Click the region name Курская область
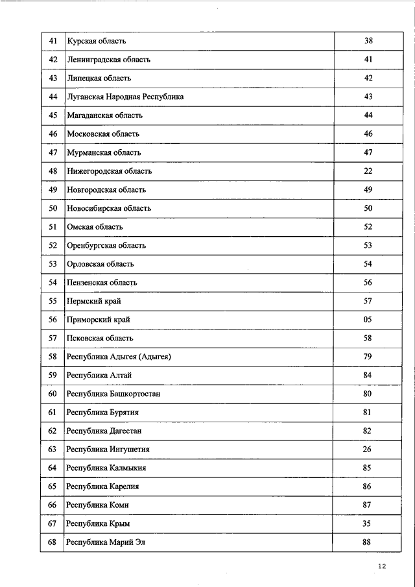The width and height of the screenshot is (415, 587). pos(96,42)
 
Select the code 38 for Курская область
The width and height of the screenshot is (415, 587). pos(368,42)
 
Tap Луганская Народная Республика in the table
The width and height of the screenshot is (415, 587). pos(125,97)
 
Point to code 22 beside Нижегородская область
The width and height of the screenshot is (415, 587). pos(368,171)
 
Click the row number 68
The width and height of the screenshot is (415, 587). pos(53,542)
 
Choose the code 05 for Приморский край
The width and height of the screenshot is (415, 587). pos(368,320)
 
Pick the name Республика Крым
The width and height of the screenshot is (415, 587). pos(102,523)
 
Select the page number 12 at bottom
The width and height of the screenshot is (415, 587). pos(381,567)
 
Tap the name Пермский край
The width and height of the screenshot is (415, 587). pos(94,302)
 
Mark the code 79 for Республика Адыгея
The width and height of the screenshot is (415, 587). pos(368,357)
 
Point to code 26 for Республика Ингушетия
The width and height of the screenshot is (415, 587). pos(368,449)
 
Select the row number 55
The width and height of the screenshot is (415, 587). pos(53,302)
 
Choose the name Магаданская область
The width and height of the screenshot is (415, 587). pos(104,115)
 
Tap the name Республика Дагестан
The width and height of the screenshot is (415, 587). pos(104,431)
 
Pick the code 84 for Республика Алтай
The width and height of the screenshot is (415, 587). pos(368,376)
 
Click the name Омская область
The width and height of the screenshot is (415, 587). pos(95,227)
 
